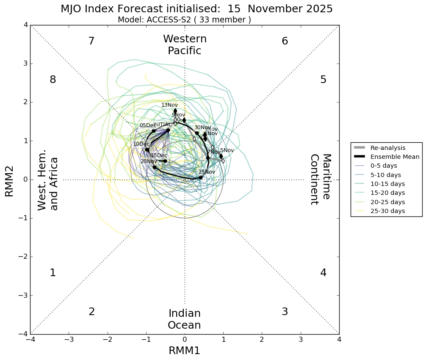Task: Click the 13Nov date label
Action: coord(169,105)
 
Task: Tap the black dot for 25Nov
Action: coord(201,177)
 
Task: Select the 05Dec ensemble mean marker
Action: coord(154,131)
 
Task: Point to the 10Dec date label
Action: coord(141,144)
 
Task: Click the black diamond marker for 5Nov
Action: coord(221,156)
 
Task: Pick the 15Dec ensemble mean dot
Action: coord(165,161)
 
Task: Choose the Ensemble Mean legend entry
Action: coord(395,157)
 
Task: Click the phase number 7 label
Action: coord(91,41)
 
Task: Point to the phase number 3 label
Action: coord(285,312)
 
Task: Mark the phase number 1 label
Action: coord(53,273)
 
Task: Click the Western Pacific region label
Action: coord(185,45)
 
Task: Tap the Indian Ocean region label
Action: coord(184,319)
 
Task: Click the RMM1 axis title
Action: coord(184,351)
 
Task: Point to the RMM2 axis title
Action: coord(9,180)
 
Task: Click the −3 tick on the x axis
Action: coord(69,340)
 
